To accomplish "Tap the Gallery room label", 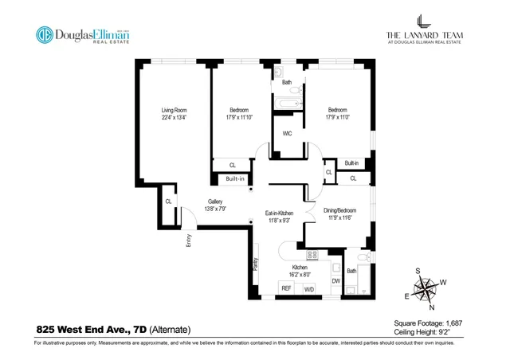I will pyautogui.click(x=215, y=202).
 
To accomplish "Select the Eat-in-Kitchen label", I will pyautogui.click(x=280, y=213).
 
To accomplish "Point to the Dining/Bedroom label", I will pyautogui.click(x=339, y=210).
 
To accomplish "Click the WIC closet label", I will pyautogui.click(x=287, y=134).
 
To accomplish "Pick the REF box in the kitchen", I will pyautogui.click(x=284, y=288).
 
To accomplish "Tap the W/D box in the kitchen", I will pyautogui.click(x=309, y=289).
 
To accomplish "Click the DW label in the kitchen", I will pyautogui.click(x=335, y=280).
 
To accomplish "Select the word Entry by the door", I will pyautogui.click(x=189, y=239).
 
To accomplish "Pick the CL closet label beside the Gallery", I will pyautogui.click(x=168, y=202).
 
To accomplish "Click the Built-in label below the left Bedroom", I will pyautogui.click(x=234, y=178).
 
